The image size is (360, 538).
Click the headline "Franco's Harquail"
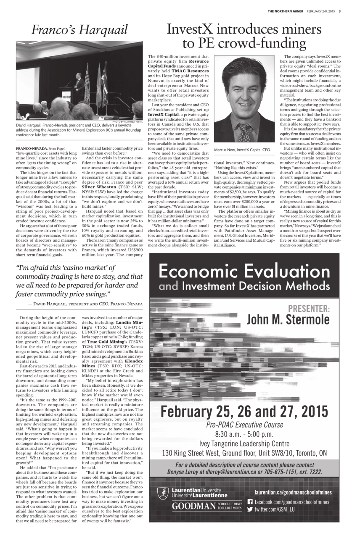pos(80,30)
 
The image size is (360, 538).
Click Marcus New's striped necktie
pos(244,132)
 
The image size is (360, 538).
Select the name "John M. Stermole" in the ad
pos(288,319)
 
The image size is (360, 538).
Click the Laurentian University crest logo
pos(164,493)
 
